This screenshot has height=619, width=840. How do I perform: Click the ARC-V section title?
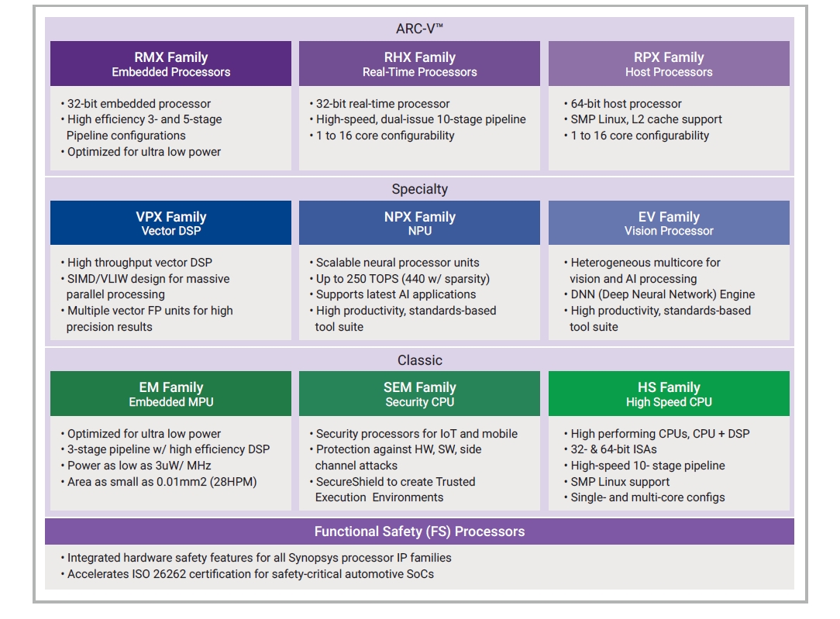pos(419,29)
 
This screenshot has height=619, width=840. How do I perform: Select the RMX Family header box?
pos(170,64)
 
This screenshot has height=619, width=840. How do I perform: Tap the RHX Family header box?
pos(419,64)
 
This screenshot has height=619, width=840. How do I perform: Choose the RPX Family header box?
pos(669,64)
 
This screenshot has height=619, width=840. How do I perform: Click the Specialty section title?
pos(419,189)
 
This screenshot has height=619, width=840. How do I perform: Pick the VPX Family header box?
pos(170,223)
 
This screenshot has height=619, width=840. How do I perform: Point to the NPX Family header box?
pos(419,223)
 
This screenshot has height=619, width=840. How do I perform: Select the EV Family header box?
pos(669,223)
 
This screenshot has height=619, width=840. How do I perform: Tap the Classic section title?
pos(419,360)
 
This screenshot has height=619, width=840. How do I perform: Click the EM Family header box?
pos(170,394)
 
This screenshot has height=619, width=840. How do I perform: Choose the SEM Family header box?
pos(419,394)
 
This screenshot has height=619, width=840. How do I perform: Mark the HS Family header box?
pos(669,394)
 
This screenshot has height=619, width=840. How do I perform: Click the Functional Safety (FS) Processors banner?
pos(419,531)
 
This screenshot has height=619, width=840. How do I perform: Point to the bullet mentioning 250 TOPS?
pos(403,279)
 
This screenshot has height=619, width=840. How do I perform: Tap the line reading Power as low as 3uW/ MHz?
pos(139,466)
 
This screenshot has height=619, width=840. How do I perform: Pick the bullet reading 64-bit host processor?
pos(626,104)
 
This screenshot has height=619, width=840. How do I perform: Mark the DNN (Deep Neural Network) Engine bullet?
pos(663,294)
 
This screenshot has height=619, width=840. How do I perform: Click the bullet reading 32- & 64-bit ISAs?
pos(614,449)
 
